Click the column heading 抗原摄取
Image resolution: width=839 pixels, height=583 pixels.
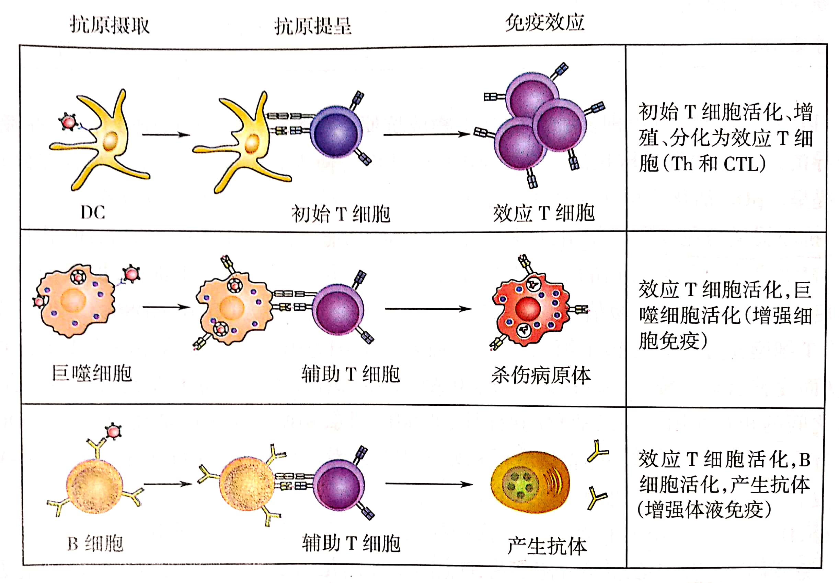(110, 25)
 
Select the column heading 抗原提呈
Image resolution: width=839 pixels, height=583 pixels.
(313, 26)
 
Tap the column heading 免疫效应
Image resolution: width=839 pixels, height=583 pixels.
(544, 23)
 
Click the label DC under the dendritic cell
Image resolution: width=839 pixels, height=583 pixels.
(93, 212)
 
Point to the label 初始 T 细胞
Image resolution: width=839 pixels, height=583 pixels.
(341, 214)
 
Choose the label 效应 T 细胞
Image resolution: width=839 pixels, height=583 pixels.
(543, 213)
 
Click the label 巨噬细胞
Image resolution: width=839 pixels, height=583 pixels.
(92, 373)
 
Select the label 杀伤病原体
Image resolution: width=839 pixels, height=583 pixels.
(541, 375)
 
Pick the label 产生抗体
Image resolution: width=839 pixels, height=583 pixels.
(547, 546)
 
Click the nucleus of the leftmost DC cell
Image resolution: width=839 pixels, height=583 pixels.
(110, 141)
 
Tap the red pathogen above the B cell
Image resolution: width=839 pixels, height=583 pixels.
(113, 431)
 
